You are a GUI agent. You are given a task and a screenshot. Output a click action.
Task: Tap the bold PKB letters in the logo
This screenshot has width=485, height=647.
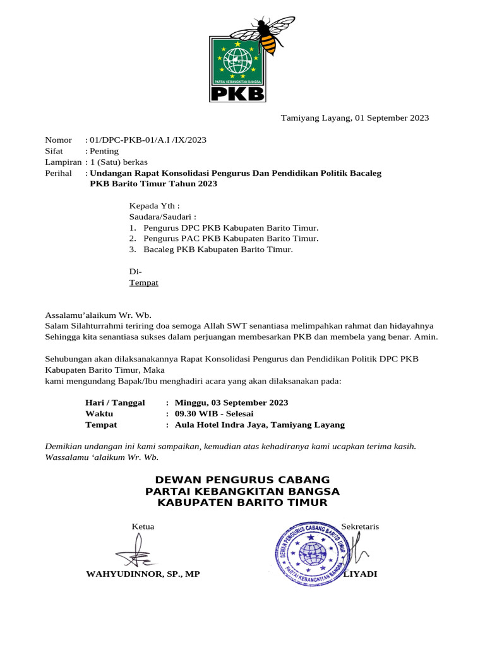pyautogui.click(x=237, y=94)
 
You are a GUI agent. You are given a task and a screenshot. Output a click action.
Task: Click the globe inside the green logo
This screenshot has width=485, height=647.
pyautogui.click(x=237, y=61)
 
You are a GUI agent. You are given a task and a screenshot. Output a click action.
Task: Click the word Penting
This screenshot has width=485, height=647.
pyautogui.click(x=104, y=152)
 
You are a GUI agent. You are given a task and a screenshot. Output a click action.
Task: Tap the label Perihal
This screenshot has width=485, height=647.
pyautogui.click(x=59, y=173)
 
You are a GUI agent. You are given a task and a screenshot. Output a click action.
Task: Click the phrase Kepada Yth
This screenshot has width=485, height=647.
pyautogui.click(x=153, y=205)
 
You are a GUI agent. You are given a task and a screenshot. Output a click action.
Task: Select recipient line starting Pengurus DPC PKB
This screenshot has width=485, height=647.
pyautogui.click(x=231, y=227)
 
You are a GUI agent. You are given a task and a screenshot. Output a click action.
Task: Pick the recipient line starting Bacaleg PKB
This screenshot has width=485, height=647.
pyautogui.click(x=218, y=250)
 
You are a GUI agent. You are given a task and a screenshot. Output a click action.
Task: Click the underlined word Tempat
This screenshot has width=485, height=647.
pyautogui.click(x=144, y=282)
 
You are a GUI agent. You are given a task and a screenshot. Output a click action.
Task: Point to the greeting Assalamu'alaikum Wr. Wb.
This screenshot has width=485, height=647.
pyautogui.click(x=98, y=315)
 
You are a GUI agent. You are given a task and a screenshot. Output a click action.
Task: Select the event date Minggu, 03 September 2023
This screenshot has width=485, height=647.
pyautogui.click(x=231, y=402)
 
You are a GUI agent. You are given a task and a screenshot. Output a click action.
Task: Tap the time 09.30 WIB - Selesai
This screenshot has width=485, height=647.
pyautogui.click(x=214, y=414)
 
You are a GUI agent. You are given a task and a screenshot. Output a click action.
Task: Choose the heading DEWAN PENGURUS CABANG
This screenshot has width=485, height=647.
pyautogui.click(x=242, y=480)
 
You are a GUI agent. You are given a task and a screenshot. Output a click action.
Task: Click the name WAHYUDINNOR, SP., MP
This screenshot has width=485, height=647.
pyautogui.click(x=143, y=574)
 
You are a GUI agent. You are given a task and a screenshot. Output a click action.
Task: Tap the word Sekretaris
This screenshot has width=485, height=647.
pyautogui.click(x=360, y=526)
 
